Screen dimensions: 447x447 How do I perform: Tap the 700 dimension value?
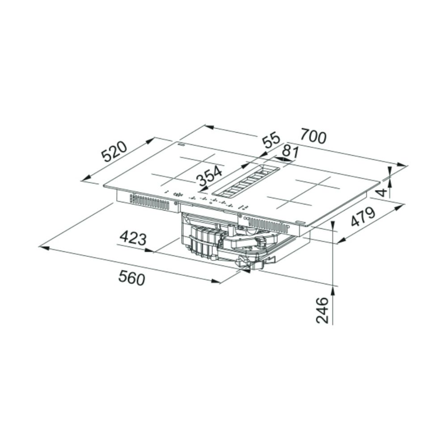[x=313, y=136]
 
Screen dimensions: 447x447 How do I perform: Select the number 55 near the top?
[x=271, y=140]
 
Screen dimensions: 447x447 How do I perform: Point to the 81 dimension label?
[x=290, y=152]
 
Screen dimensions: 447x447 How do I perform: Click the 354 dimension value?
[x=210, y=176]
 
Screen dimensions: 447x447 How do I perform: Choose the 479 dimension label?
[x=363, y=217]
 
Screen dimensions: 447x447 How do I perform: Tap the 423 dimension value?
[x=133, y=238]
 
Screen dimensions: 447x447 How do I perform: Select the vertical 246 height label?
[x=322, y=310]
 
